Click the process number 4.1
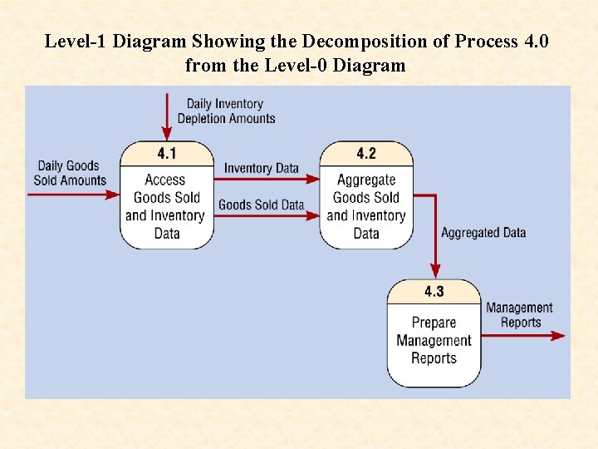click(x=166, y=154)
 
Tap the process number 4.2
click(x=366, y=154)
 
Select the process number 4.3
click(x=434, y=292)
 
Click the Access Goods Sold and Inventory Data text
click(x=166, y=206)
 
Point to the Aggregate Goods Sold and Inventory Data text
click(x=366, y=206)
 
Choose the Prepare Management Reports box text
click(x=434, y=340)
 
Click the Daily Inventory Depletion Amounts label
click(x=226, y=111)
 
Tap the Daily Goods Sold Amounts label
click(x=70, y=173)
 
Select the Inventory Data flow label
click(x=261, y=168)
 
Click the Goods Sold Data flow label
click(x=261, y=205)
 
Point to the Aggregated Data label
click(x=483, y=233)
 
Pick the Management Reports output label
click(x=519, y=315)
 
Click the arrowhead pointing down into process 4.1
click(x=167, y=134)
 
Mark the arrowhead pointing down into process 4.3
click(x=434, y=271)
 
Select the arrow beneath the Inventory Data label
click(x=266, y=179)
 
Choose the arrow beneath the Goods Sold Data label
click(x=266, y=215)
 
